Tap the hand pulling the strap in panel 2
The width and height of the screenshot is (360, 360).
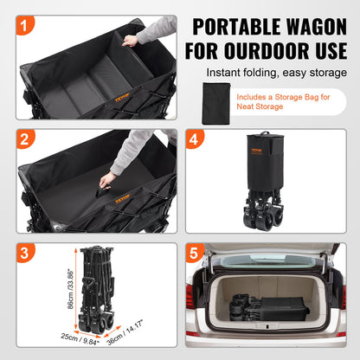pos(106,179)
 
